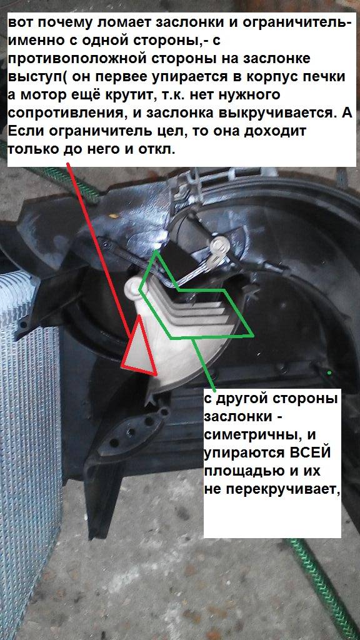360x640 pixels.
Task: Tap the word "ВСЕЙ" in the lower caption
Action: [310, 454]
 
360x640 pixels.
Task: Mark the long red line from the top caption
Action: [100, 251]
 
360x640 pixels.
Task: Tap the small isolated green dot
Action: [329, 372]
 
